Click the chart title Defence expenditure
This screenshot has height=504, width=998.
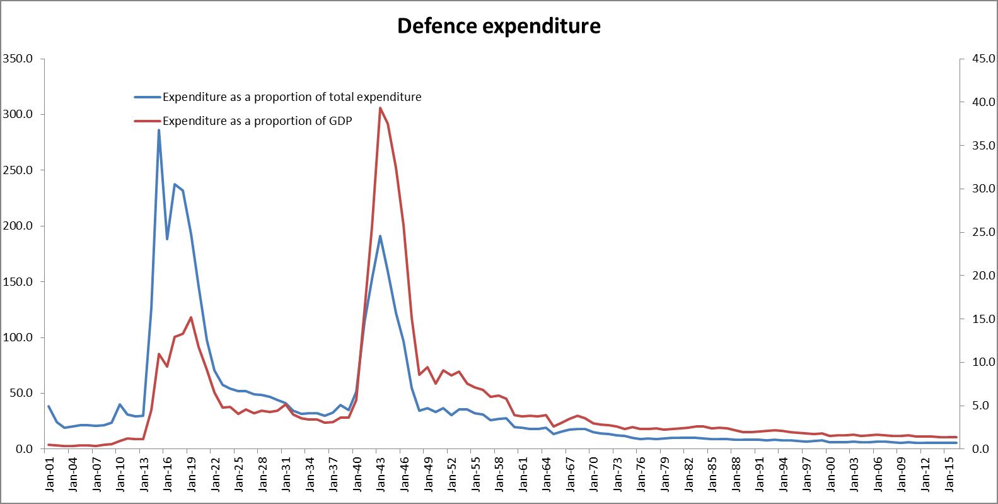[498, 26]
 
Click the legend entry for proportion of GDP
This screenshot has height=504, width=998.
[257, 121]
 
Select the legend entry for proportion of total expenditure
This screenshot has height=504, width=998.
[292, 97]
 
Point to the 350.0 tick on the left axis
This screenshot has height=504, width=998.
[20, 59]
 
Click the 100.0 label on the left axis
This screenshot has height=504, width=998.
[20, 337]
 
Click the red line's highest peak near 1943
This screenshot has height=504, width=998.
[380, 108]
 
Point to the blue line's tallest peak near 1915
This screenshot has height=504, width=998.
[159, 130]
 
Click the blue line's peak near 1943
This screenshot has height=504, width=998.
[380, 236]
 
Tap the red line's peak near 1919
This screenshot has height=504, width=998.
[191, 317]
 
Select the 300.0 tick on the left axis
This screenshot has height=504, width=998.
[20, 114]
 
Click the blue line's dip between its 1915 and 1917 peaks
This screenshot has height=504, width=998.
[167, 239]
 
